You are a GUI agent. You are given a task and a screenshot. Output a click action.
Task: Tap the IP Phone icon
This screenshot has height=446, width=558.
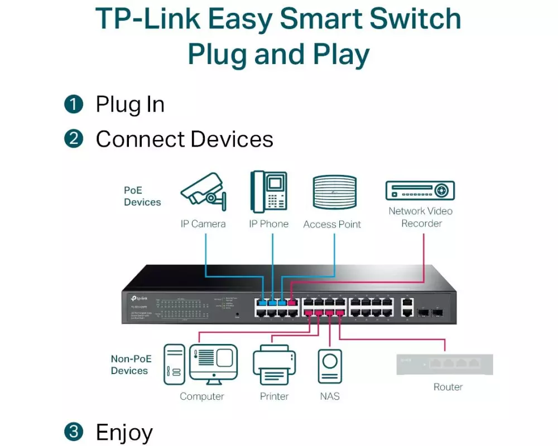[268, 191]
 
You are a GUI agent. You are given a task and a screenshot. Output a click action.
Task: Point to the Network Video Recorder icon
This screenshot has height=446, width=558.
[420, 191]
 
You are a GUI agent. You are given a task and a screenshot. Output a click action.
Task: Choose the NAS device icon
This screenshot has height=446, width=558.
[330, 366]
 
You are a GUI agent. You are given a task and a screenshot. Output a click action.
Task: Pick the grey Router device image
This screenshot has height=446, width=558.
[445, 364]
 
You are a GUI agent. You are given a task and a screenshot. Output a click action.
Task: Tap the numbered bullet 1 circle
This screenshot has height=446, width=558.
[74, 104]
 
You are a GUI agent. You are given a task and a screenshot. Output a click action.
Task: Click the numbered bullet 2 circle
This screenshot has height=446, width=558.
[74, 139]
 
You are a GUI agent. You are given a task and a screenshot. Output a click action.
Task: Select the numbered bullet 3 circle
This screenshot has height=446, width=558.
[74, 432]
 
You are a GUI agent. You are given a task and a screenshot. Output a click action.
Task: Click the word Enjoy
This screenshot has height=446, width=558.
[124, 433]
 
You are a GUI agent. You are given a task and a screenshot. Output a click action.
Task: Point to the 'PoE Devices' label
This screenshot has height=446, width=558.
[142, 196]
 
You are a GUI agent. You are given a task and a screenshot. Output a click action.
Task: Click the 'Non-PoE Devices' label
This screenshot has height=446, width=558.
[130, 365]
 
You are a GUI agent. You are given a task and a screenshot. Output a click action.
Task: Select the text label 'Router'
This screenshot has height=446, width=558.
[448, 387]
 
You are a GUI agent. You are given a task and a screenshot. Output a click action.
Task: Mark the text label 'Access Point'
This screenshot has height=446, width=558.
[332, 224]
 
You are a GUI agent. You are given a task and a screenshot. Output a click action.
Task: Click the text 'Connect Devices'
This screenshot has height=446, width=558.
[185, 139]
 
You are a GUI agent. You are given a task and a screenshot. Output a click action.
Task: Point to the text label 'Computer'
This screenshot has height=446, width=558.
[201, 396]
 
